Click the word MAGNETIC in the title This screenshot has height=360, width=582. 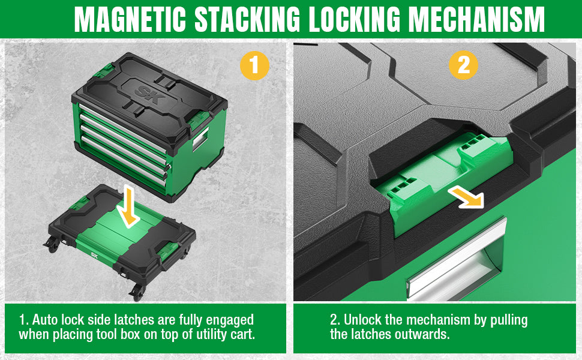130,19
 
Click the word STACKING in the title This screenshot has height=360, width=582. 247,19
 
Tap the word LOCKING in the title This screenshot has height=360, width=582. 355,19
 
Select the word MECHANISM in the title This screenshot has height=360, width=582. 476,19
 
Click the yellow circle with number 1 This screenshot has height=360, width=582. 254,65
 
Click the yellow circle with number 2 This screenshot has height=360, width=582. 463,65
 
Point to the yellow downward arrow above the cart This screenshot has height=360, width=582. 127,206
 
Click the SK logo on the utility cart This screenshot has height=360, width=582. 95,254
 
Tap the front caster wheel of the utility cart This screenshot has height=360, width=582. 136,292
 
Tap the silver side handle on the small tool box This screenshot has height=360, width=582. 200,139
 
